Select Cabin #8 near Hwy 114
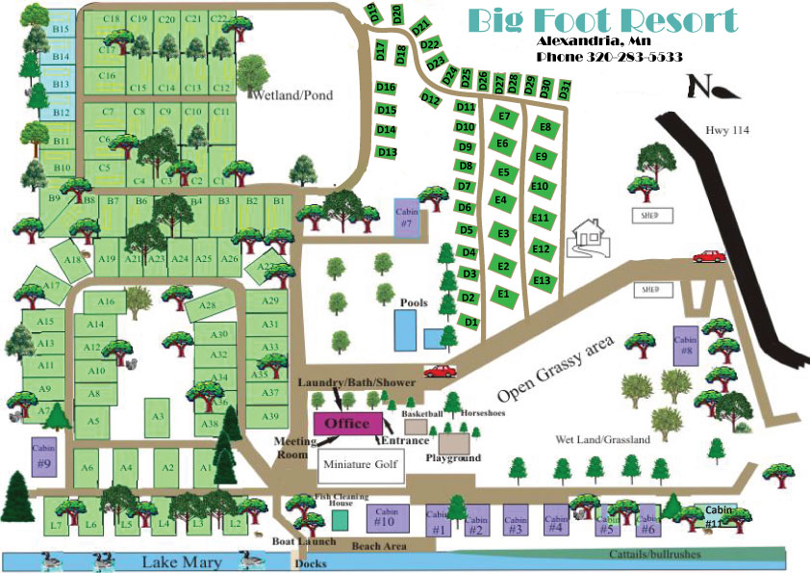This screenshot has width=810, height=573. coord(685,345)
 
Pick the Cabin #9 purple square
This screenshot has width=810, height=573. coord(43,456)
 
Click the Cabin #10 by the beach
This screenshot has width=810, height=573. coord(385,517)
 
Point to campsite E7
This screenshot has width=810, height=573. coord(503,117)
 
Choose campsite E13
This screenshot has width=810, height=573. coord(542,280)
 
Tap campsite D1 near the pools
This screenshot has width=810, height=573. coord(469,322)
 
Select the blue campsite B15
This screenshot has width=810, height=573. coord(62,29)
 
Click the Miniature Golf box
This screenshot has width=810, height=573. coord(361,463)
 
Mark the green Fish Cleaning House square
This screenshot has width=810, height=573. coord(341,519)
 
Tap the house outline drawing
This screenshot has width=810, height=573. coord(588,238)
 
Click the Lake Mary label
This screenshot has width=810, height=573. coord(183,562)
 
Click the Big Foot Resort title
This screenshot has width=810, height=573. coord(602,20)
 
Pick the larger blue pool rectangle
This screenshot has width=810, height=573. coord(406,329)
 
